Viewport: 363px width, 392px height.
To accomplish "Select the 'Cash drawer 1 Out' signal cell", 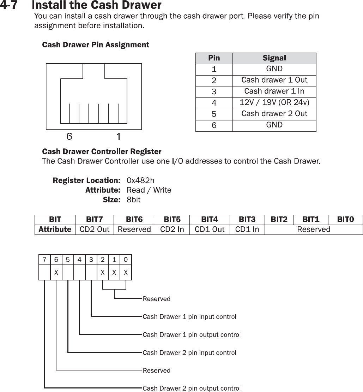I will [274, 80].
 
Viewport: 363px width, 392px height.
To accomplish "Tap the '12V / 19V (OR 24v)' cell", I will [274, 103].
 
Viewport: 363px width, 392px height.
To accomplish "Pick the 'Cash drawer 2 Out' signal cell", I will [274, 114].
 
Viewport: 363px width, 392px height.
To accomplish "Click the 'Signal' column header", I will [274, 58].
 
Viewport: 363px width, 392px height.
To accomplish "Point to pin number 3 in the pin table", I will [214, 92].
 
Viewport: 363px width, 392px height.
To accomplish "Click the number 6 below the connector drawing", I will [70, 136].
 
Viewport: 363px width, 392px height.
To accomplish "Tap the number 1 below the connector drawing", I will [119, 136].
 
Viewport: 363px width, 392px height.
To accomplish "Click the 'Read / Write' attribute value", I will [149, 190].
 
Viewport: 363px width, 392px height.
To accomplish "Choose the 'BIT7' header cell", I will [95, 220].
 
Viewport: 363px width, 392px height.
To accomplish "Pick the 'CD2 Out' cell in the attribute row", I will [95, 230].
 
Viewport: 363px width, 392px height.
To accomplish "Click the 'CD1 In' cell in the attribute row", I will [247, 230].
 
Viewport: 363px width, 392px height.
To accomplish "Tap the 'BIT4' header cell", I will [209, 220].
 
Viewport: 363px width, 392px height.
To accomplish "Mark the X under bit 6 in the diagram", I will [56, 273].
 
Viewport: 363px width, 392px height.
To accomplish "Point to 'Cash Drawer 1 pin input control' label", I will [189, 317].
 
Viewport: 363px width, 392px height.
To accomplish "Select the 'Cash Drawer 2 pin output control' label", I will [191, 388].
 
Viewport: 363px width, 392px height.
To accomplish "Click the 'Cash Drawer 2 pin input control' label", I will [189, 352].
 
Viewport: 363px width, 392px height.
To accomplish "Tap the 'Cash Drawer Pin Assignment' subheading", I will [96, 45].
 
